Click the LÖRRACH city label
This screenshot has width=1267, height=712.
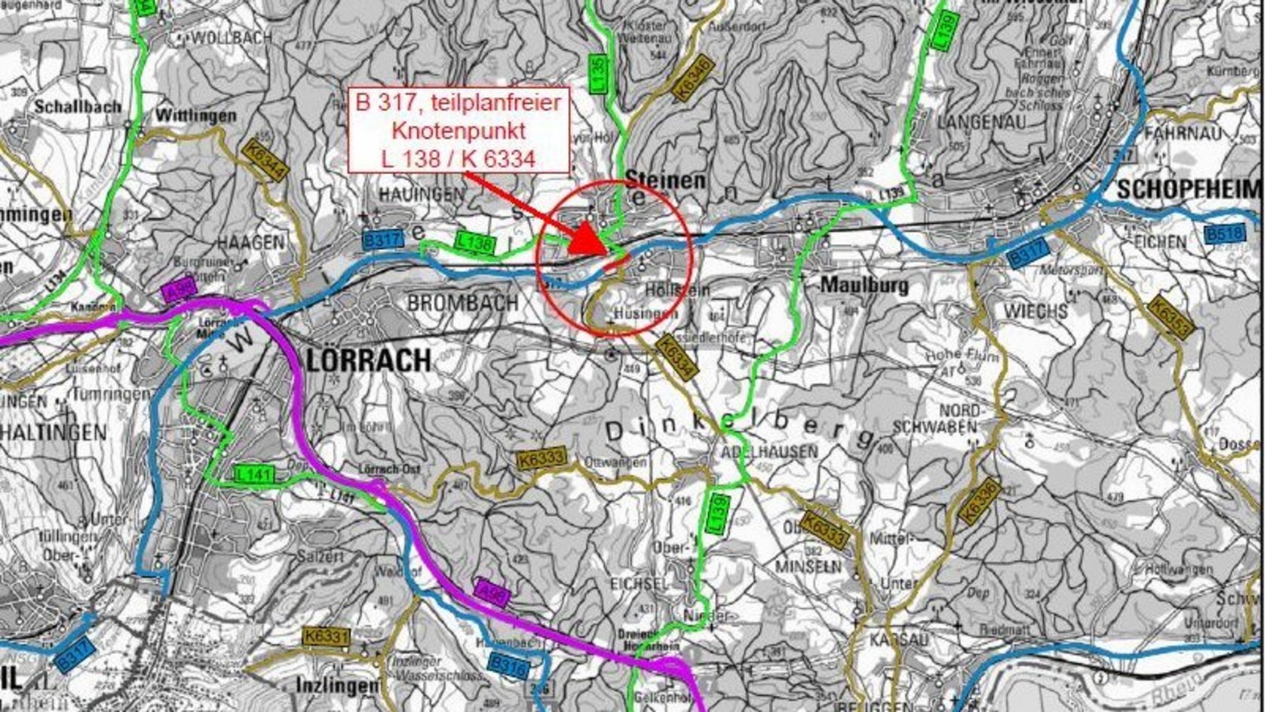click(x=369, y=361)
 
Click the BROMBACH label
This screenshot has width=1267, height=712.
click(x=462, y=303)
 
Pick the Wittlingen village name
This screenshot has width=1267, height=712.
click(x=195, y=116)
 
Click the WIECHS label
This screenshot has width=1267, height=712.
click(x=1035, y=311)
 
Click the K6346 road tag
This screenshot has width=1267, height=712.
click(x=692, y=77)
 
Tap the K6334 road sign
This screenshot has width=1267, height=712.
click(x=674, y=358)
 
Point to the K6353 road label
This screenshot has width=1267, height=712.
click(x=1170, y=317)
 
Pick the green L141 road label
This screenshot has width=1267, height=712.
click(x=254, y=475)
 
